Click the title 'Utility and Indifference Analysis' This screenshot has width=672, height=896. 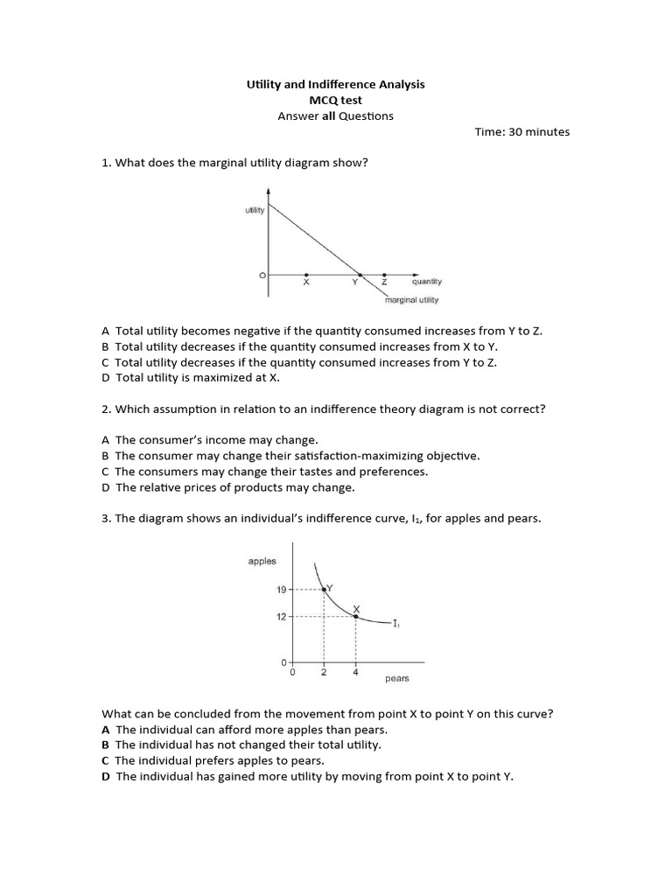335,84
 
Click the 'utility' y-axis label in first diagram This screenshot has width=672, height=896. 255,211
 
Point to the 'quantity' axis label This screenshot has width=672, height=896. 427,282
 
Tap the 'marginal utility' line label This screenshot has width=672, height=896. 411,300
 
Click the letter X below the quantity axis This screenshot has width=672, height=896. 305,283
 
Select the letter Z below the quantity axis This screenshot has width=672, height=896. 384,283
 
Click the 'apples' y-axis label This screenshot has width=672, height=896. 262,561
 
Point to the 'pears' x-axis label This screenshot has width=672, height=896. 396,678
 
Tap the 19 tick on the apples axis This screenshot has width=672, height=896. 281,590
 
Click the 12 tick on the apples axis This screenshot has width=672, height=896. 281,616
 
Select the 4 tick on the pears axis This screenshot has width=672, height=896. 355,672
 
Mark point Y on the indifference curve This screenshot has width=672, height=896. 325,590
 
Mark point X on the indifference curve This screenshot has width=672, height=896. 355,616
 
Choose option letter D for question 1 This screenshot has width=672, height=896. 106,378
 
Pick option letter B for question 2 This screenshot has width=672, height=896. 106,456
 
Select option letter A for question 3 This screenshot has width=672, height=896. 106,729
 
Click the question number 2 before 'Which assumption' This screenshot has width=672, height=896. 105,409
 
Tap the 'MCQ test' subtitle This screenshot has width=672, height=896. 335,100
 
